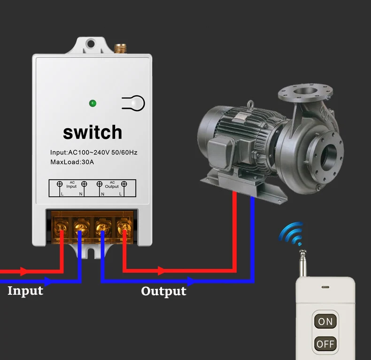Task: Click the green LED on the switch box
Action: pos(93,103)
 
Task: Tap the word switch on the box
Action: pos(93,132)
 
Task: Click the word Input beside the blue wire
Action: pos(25,291)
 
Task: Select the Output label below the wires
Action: pos(163,291)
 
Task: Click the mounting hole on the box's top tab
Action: pos(91,45)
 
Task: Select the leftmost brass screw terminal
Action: pos(62,229)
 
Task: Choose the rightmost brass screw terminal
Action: pos(124,229)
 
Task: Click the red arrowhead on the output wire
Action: pos(162,271)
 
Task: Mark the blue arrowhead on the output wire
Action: pos(190,282)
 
